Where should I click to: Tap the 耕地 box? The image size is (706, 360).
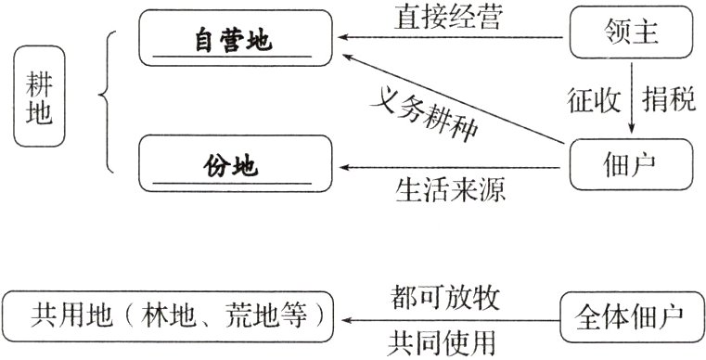click(x=41, y=102)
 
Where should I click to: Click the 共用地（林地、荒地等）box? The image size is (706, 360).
click(x=169, y=321)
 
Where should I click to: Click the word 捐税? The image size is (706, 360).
click(x=669, y=101)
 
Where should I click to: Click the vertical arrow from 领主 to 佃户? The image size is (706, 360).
click(x=632, y=100)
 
